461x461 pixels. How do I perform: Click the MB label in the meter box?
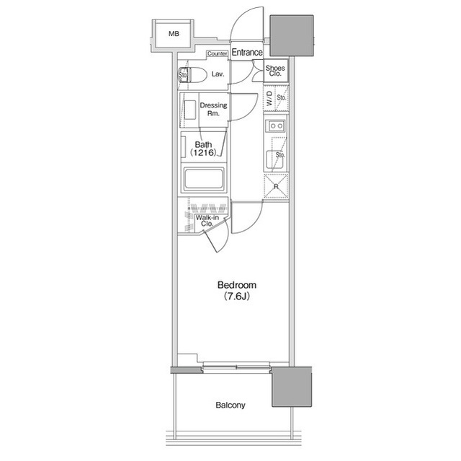(174, 34)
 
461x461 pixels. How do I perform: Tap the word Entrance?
(247, 53)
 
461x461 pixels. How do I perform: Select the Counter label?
(218, 53)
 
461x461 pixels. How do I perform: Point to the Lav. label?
(218, 74)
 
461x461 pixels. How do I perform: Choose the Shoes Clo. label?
(275, 71)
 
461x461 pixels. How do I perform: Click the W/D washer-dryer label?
(269, 98)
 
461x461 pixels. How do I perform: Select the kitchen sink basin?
(274, 159)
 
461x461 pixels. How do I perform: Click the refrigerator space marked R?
(276, 185)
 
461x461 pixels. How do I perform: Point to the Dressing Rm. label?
(213, 109)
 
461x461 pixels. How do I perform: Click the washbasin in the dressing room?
(190, 110)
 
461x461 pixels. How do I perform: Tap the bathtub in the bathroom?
(204, 179)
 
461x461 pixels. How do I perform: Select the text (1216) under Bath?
(203, 152)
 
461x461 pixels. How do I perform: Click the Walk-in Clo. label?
(207, 221)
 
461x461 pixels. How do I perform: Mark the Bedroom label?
(237, 285)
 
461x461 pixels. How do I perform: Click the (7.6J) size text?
(237, 296)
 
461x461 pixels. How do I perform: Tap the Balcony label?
(230, 405)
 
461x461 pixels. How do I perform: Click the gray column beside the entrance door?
(292, 35)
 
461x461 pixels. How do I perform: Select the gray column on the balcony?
(291, 387)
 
